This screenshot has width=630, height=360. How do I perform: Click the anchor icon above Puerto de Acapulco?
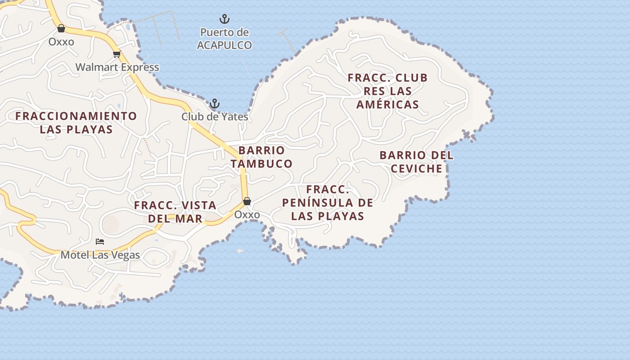tap(224, 19)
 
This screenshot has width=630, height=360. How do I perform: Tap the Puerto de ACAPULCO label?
tap(224, 39)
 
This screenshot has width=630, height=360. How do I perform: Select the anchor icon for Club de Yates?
tap(215, 103)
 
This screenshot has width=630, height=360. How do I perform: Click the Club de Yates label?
tap(215, 117)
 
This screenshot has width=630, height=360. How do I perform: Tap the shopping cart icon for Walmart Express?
tap(117, 54)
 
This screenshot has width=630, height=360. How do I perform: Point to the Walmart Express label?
tap(117, 67)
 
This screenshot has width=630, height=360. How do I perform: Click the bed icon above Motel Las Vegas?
tap(100, 242)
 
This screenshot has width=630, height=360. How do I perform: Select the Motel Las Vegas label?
tap(100, 255)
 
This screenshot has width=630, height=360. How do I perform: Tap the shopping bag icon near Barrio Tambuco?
tap(247, 201)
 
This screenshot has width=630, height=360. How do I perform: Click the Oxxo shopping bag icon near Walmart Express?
tap(61, 29)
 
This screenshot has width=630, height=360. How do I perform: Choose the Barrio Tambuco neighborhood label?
tap(261, 157)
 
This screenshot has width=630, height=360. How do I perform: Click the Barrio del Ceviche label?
tap(416, 162)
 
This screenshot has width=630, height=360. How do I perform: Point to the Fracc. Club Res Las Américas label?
tap(387, 91)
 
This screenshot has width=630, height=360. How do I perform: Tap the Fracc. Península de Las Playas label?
tap(328, 202)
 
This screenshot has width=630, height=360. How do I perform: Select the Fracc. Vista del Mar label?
tap(175, 212)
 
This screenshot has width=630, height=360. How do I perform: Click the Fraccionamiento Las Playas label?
tap(76, 122)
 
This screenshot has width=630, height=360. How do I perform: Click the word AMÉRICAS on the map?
tap(387, 104)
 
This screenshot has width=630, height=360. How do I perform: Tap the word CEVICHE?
tap(416, 169)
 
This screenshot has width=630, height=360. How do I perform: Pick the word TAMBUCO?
tap(261, 163)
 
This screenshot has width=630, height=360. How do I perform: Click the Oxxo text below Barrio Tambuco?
tap(247, 215)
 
